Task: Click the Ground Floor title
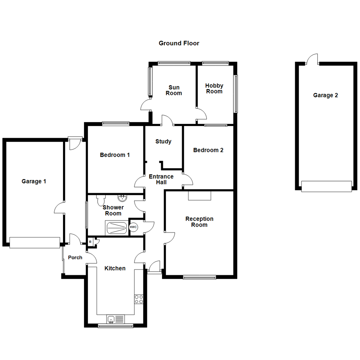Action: [x=179, y=43]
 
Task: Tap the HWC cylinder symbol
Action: [x=133, y=227]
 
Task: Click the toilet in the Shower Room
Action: [x=101, y=200]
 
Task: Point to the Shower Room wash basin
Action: [x=123, y=198]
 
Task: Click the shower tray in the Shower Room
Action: [x=116, y=228]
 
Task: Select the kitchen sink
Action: [x=115, y=319]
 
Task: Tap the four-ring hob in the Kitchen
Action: [x=139, y=299]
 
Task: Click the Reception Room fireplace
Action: [x=199, y=196]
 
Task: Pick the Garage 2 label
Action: [x=325, y=95]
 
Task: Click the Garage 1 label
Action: [x=34, y=181]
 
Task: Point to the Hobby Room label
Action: [x=214, y=89]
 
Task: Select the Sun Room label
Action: [x=174, y=90]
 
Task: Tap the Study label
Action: [x=163, y=141]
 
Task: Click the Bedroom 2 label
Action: [x=208, y=150]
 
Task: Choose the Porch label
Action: [x=75, y=257]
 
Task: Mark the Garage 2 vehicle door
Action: [x=326, y=186]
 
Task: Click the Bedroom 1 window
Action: [x=116, y=123]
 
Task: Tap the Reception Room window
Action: [x=199, y=277]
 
